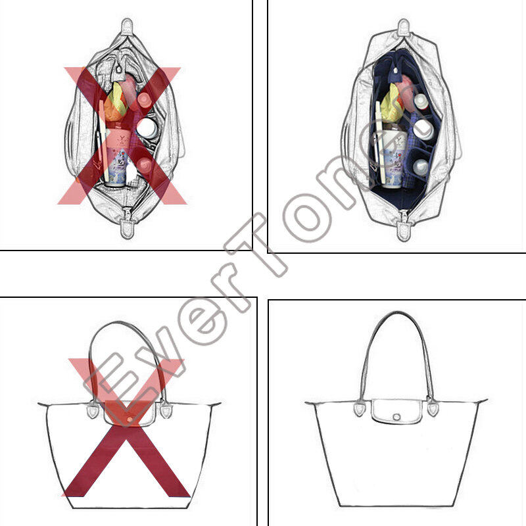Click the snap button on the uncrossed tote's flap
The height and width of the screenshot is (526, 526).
[x=396, y=417]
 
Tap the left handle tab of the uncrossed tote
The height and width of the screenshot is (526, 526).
[x=360, y=408]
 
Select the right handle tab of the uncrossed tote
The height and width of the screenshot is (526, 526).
[x=433, y=407]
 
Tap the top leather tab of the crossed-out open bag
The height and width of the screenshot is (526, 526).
[x=127, y=28]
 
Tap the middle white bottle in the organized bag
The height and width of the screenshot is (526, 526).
[x=422, y=130]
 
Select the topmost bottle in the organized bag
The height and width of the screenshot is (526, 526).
[x=421, y=102]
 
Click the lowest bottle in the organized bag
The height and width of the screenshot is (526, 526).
[x=420, y=168]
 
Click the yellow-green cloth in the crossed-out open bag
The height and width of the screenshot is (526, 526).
[x=116, y=103]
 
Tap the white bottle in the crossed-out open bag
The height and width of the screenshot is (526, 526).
[x=147, y=128]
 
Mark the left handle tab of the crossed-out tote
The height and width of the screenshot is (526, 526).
[x=93, y=410]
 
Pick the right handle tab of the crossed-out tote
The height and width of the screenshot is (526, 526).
[x=166, y=409]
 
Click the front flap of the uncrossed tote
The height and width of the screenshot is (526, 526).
[x=396, y=412]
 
